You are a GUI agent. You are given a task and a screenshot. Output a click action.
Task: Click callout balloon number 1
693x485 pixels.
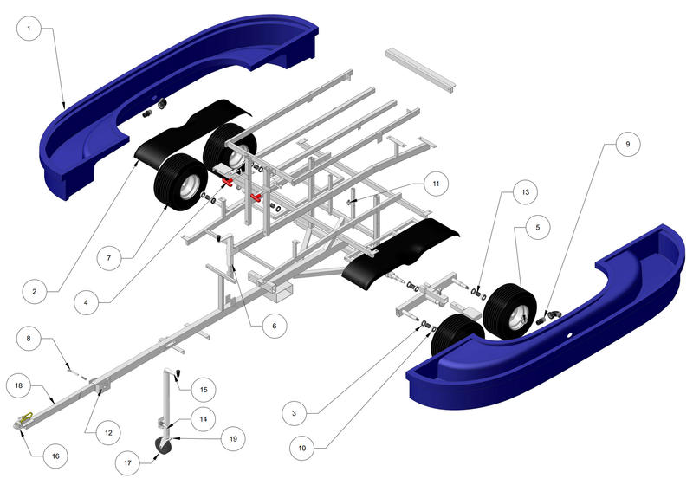29,29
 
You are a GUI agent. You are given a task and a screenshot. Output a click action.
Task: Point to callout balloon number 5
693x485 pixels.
537,227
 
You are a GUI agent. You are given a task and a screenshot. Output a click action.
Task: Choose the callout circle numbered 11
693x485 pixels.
436,184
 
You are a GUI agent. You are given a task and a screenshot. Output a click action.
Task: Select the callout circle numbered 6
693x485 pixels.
274,326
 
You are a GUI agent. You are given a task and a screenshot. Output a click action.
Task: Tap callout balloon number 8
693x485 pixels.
28,339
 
